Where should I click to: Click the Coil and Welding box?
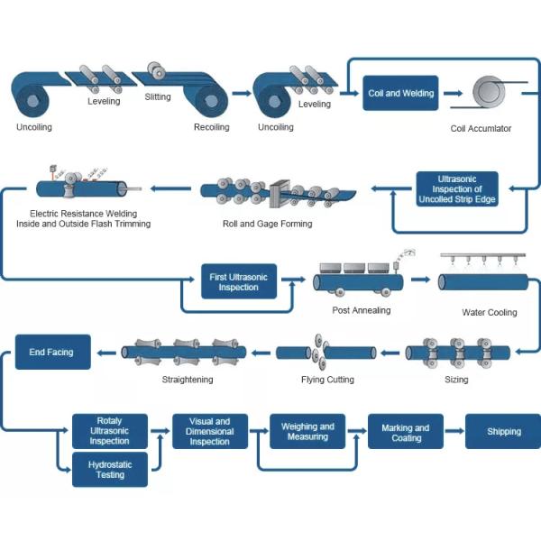point(400,93)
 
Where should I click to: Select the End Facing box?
point(51,352)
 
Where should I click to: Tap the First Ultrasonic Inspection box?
point(239,282)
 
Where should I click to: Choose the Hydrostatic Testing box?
point(110,470)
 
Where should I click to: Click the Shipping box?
point(503,432)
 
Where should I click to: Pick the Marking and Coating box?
point(405,432)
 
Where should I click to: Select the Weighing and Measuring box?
point(307,432)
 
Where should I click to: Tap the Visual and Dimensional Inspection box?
point(209,432)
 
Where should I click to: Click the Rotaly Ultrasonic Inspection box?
point(110,430)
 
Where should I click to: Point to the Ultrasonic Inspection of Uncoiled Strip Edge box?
point(457,189)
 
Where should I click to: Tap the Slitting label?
point(158,97)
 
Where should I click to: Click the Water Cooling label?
point(490,313)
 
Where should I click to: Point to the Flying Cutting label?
point(327,380)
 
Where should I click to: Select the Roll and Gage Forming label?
point(268,224)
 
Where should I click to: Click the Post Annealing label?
point(362,310)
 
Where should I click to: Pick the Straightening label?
point(188,380)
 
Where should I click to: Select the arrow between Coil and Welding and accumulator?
point(452,93)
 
